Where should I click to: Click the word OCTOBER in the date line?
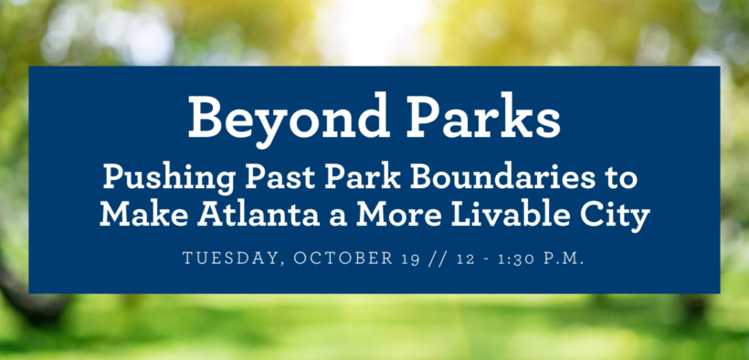(343, 259)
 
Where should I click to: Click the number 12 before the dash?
(465, 259)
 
